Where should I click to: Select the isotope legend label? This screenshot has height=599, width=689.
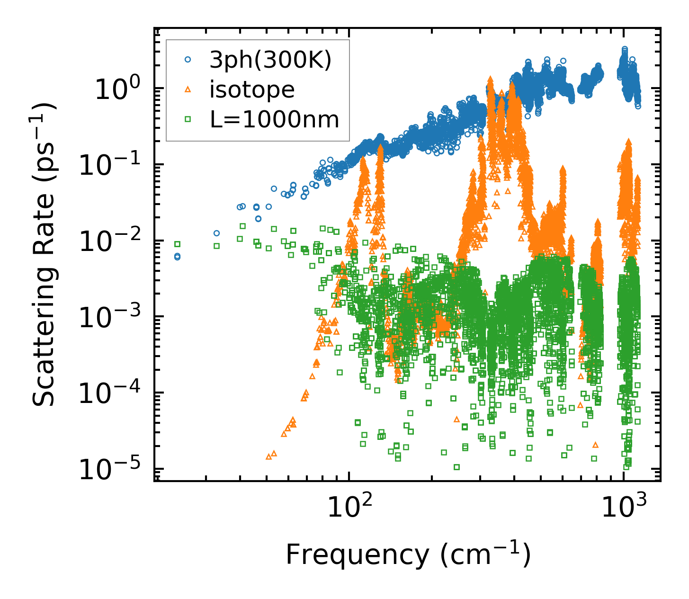click(x=252, y=89)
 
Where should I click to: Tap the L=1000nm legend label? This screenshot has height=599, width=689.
click(x=274, y=120)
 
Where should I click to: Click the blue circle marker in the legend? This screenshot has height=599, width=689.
click(x=188, y=60)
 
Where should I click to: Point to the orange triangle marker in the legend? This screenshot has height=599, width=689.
click(x=188, y=89)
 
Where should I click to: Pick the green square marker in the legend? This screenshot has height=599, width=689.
click(x=188, y=119)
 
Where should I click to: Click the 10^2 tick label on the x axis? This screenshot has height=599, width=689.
click(x=349, y=508)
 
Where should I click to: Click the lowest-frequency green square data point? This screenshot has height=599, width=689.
click(x=178, y=244)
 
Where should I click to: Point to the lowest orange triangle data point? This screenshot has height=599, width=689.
click(x=268, y=456)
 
